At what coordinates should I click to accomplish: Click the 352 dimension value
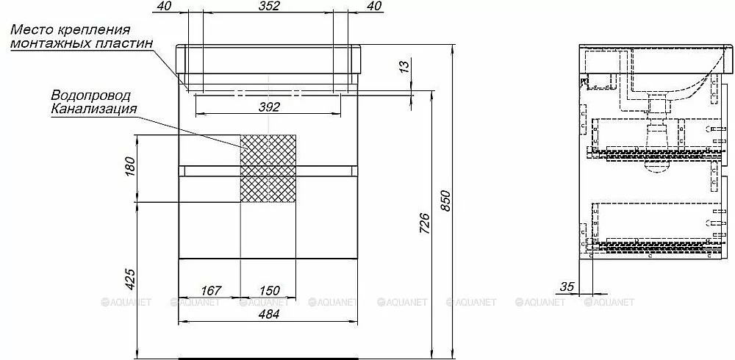pyautogui.click(x=268, y=6)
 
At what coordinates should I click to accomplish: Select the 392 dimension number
pyautogui.click(x=268, y=107)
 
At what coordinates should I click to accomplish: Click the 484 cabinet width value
pyautogui.click(x=268, y=314)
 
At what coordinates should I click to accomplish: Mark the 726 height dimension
pyautogui.click(x=423, y=223)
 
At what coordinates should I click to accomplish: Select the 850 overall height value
pyautogui.click(x=445, y=201)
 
